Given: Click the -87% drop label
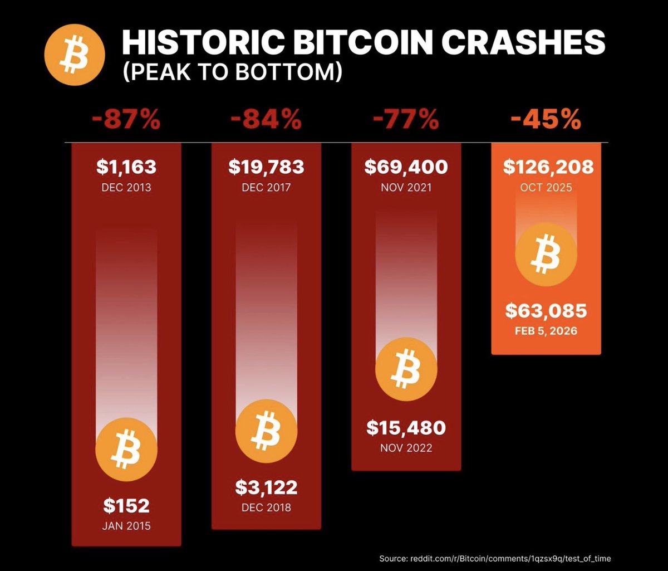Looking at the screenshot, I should pyautogui.click(x=126, y=121).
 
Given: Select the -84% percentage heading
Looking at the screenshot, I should pyautogui.click(x=266, y=121).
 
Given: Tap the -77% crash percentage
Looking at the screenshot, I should pyautogui.click(x=406, y=121).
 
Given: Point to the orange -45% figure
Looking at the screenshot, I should pyautogui.click(x=546, y=121).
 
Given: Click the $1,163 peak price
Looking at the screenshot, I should pyautogui.click(x=126, y=167).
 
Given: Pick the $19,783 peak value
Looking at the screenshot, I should pyautogui.click(x=266, y=167).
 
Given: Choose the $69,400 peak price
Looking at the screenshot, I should pyautogui.click(x=406, y=167).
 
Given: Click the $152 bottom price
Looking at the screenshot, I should pyautogui.click(x=126, y=506).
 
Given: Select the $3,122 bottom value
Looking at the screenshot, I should pyautogui.click(x=266, y=487).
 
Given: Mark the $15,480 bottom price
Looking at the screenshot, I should pyautogui.click(x=406, y=428).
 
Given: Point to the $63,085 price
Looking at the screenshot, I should pyautogui.click(x=546, y=311).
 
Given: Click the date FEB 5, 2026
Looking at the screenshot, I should pyautogui.click(x=546, y=330).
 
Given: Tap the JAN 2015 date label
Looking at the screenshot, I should pyautogui.click(x=126, y=526).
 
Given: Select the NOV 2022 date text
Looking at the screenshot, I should pyautogui.click(x=406, y=447).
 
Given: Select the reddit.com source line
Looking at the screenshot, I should pyautogui.click(x=495, y=558).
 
